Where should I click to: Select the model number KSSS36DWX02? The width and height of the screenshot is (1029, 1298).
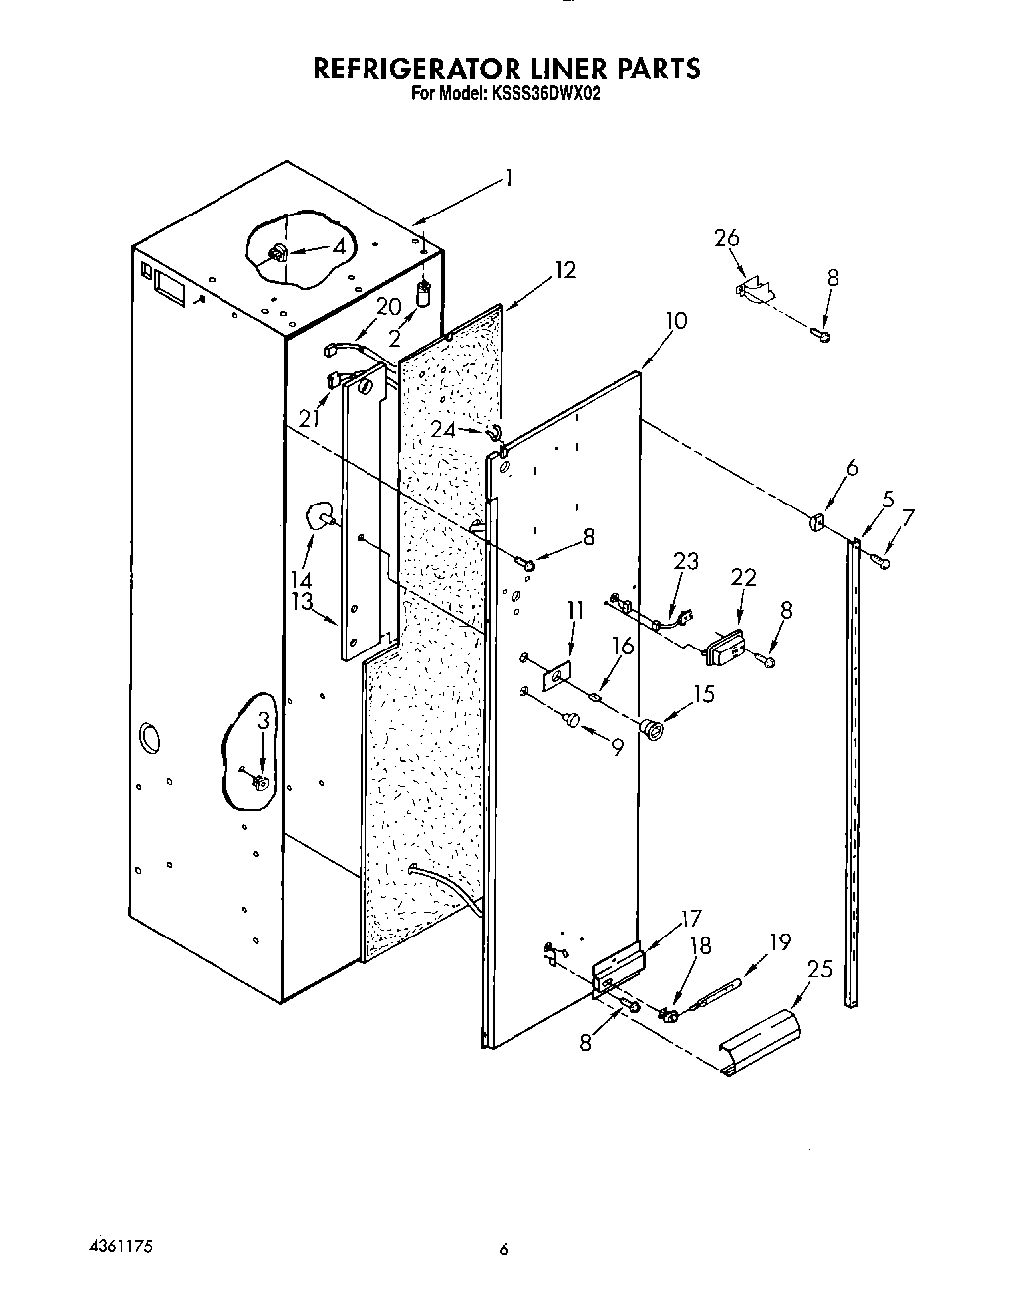tap(543, 95)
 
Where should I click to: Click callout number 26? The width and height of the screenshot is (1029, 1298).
tap(727, 239)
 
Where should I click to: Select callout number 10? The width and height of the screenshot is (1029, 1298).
tap(676, 321)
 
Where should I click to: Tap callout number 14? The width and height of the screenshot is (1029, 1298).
tap(301, 580)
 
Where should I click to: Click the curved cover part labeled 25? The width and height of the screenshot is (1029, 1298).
tap(759, 1039)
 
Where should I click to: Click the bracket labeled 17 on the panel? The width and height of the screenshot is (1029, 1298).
tap(618, 968)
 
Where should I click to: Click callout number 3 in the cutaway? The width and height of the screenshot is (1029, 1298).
tap(262, 722)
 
